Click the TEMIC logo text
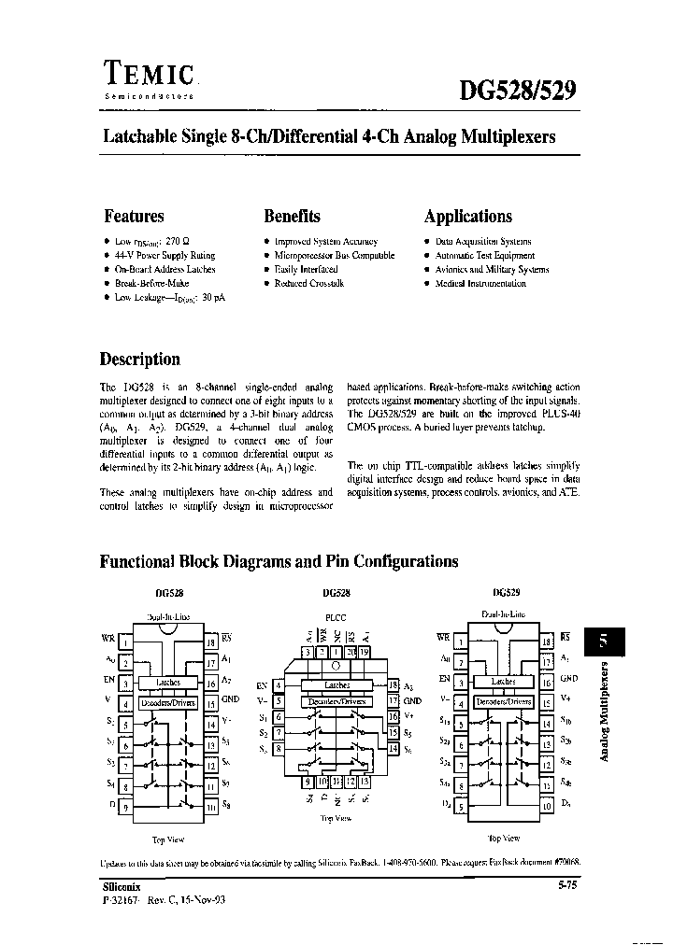(148, 75)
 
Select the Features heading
(134, 217)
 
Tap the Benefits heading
(292, 217)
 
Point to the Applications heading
(468, 217)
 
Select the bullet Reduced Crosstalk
(308, 283)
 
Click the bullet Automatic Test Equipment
(484, 255)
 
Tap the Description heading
(139, 360)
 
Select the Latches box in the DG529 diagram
(504, 682)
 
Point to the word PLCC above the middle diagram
(335, 616)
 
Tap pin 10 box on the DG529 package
(547, 804)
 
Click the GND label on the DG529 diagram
(570, 680)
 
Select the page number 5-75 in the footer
(566, 884)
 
